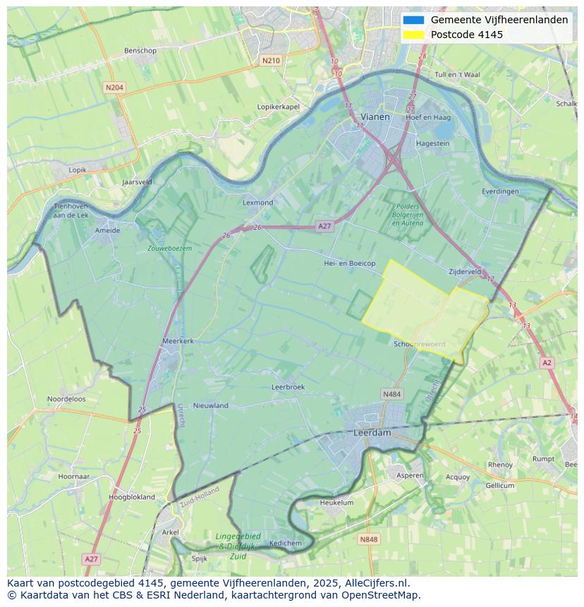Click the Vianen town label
click(x=375, y=116)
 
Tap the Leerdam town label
click(x=372, y=433)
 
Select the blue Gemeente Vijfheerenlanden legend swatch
click(x=413, y=20)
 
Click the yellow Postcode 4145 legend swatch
click(x=413, y=35)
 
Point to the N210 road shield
click(x=270, y=61)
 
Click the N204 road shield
click(x=114, y=87)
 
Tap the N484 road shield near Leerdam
click(x=391, y=394)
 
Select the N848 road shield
click(x=368, y=539)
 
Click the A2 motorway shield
click(x=547, y=362)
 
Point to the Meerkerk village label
click(x=178, y=341)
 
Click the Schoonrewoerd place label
click(x=420, y=343)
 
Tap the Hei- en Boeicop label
click(x=349, y=263)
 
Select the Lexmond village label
click(x=257, y=202)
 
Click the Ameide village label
click(x=107, y=230)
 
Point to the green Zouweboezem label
click(x=169, y=249)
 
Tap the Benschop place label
click(x=140, y=51)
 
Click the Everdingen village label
click(x=500, y=191)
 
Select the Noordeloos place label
click(x=66, y=399)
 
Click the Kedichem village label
click(x=285, y=543)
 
